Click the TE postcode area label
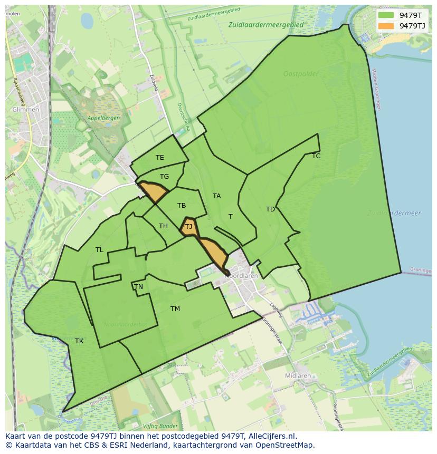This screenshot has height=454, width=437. pyautogui.click(x=159, y=158)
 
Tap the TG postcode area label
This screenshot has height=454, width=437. pyautogui.click(x=164, y=177)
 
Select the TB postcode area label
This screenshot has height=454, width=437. pyautogui.click(x=182, y=206)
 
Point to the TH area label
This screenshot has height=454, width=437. pyautogui.click(x=163, y=226)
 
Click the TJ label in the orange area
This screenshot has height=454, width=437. pyautogui.click(x=188, y=227)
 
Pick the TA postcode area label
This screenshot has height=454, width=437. pyautogui.click(x=216, y=196)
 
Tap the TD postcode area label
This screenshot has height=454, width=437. pyautogui.click(x=270, y=209)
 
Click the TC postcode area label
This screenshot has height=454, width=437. pyautogui.click(x=316, y=156)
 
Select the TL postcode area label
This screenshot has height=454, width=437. pyautogui.click(x=99, y=250)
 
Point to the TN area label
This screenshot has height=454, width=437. pyautogui.click(x=138, y=287)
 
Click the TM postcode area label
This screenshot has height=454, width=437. pyautogui.click(x=175, y=309)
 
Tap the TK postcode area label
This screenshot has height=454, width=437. pyautogui.click(x=79, y=341)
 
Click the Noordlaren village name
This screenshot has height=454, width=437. pyautogui.click(x=241, y=275)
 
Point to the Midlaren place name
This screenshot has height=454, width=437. pyautogui.click(x=298, y=376)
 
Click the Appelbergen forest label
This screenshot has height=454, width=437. pyautogui.click(x=103, y=118)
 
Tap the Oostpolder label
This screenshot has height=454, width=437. pyautogui.click(x=301, y=74)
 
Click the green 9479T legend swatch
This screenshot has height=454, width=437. pyautogui.click(x=386, y=16)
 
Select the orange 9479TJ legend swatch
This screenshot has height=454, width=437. pyautogui.click(x=386, y=26)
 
